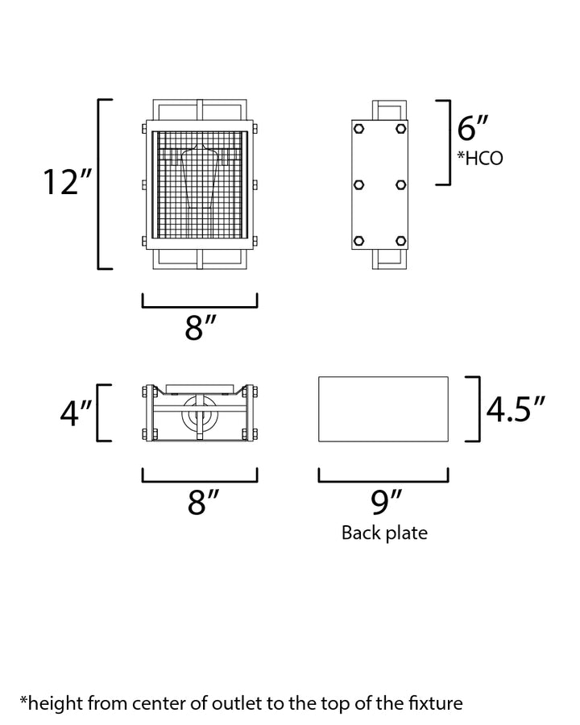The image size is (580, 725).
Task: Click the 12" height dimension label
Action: pyautogui.click(x=68, y=182)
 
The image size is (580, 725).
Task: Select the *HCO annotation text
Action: pyautogui.click(x=480, y=158)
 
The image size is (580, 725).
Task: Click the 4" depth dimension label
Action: pyautogui.click(x=77, y=412)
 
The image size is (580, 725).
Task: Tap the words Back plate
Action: pyautogui.click(x=384, y=532)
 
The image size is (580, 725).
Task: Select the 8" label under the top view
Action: pyautogui.click(x=203, y=502)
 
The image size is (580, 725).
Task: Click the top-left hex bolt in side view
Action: pyautogui.click(x=358, y=129)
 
